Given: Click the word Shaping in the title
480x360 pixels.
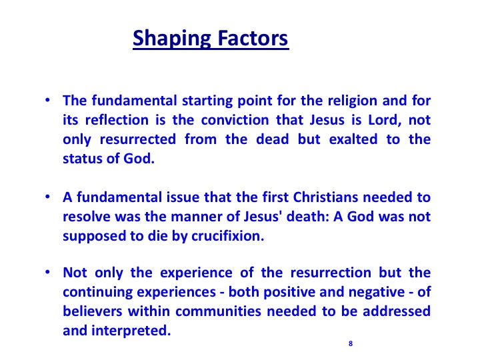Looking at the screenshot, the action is click(x=172, y=39).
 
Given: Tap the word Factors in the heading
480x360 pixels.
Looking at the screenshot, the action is click(x=253, y=38).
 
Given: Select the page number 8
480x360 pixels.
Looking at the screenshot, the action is click(x=351, y=343).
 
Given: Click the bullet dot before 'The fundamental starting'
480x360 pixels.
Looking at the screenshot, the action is click(x=47, y=100).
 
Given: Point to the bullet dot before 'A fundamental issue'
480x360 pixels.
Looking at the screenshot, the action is click(x=47, y=197).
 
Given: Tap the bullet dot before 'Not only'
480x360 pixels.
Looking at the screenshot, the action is click(x=47, y=272).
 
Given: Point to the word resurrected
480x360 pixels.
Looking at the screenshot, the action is click(x=138, y=139).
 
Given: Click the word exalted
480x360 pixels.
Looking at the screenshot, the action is click(x=353, y=139).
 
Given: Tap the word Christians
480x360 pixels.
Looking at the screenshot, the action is click(x=325, y=197).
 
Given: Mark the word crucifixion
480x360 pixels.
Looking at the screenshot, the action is click(x=228, y=236).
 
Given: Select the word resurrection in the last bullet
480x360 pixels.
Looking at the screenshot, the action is click(x=331, y=273).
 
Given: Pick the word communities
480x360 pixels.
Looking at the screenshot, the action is click(x=218, y=311).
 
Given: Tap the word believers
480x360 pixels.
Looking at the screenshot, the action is click(x=93, y=311).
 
